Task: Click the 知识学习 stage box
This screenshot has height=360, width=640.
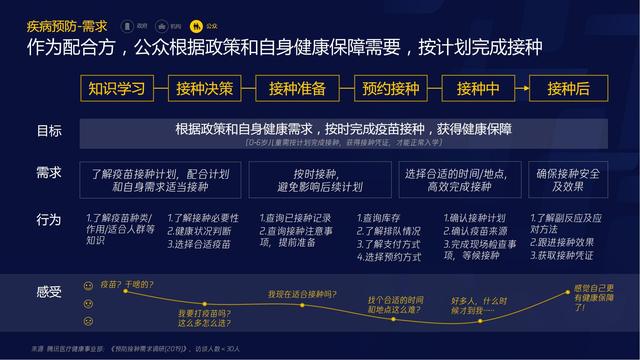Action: pyautogui.click(x=117, y=89)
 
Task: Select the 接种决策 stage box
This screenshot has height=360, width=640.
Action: pyautogui.click(x=205, y=89)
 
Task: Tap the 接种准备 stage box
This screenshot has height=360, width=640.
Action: pyautogui.click(x=297, y=89)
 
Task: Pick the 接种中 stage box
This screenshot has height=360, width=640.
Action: pyautogui.click(x=477, y=89)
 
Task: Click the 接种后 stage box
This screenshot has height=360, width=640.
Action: pyautogui.click(x=567, y=89)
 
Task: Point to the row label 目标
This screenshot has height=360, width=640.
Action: pyautogui.click(x=49, y=131)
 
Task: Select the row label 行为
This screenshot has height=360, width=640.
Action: pyautogui.click(x=49, y=219)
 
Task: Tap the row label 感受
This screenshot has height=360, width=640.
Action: pyautogui.click(x=49, y=292)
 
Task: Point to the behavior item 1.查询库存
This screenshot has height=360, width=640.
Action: pyautogui.click(x=381, y=217)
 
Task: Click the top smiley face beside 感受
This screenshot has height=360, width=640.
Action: pyautogui.click(x=88, y=285)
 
